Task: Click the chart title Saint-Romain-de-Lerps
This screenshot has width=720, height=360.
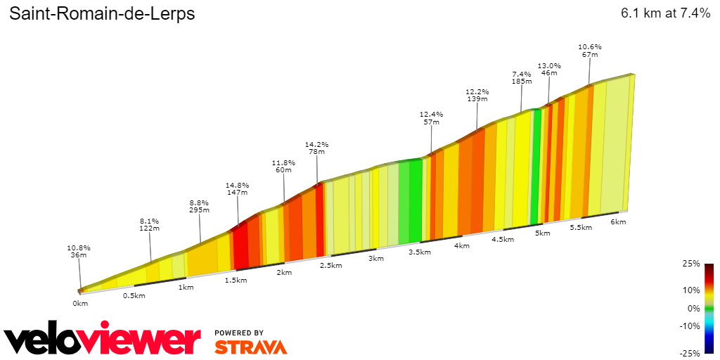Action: [x=102, y=14]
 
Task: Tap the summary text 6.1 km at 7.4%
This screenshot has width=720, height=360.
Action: [x=665, y=13]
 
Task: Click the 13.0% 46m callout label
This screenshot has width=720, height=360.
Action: [x=549, y=69]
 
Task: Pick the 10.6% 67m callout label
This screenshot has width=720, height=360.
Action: [x=590, y=51]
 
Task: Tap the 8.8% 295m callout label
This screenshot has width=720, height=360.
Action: [x=200, y=206]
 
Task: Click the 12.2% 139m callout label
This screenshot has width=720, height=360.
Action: [x=477, y=95]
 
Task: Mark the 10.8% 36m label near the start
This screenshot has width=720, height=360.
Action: [x=79, y=251]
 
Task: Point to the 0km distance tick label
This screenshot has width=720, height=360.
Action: [x=80, y=303]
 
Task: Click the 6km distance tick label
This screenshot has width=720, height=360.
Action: [x=618, y=221]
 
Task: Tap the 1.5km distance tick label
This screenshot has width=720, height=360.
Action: [x=236, y=281]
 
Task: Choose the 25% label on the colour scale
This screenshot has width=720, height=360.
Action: [x=691, y=264]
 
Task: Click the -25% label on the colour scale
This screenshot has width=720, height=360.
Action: [x=690, y=353]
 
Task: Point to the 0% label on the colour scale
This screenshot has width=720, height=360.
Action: [x=693, y=308]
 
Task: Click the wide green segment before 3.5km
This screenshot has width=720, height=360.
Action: [x=410, y=200]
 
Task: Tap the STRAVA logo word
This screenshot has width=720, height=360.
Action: [x=250, y=347]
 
